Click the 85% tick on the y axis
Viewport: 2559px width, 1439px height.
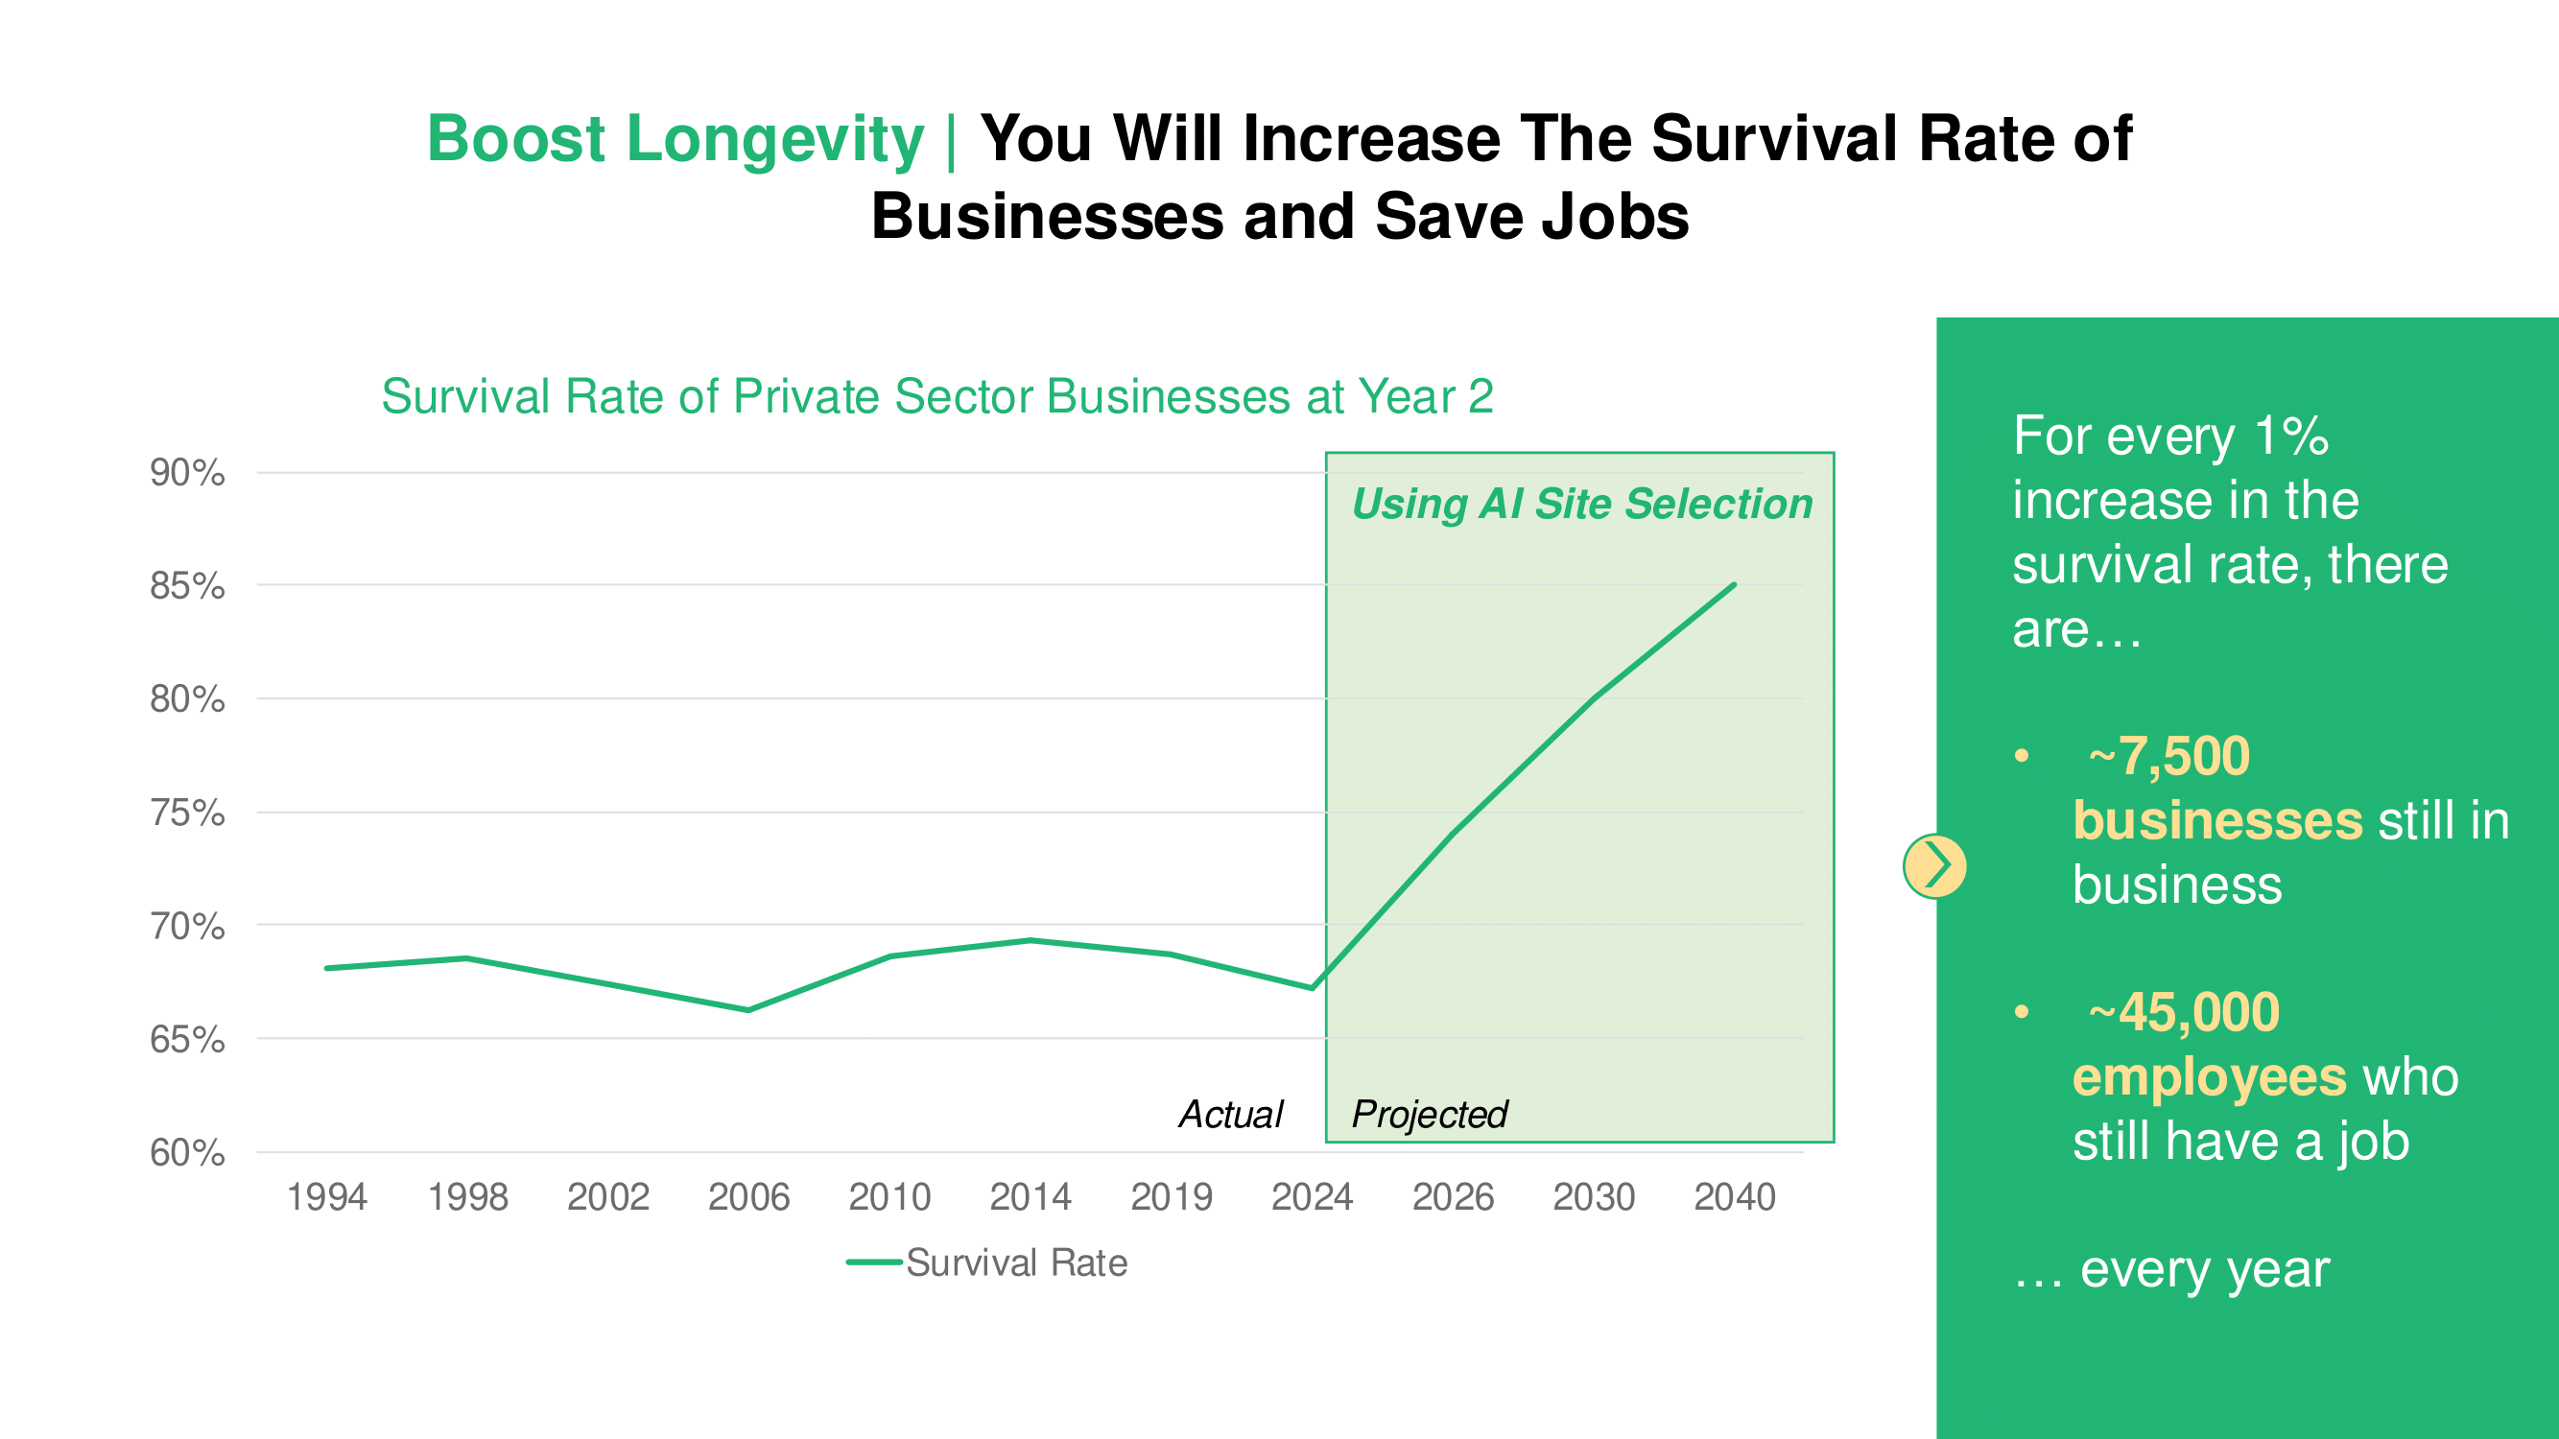pyautogui.click(x=187, y=586)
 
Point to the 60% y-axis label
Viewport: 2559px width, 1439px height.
pyautogui.click(x=187, y=1153)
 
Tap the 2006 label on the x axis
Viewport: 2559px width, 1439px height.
pyautogui.click(x=748, y=1196)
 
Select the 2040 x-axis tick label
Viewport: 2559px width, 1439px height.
pyautogui.click(x=1734, y=1196)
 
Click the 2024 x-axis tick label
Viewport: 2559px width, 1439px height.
pyautogui.click(x=1312, y=1196)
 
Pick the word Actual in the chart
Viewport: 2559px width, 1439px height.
pyautogui.click(x=1230, y=1114)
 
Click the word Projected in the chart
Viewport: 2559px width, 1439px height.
pyautogui.click(x=1429, y=1114)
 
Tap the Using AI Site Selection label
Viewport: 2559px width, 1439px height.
pyautogui.click(x=1581, y=504)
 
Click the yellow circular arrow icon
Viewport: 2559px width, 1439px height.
pyautogui.click(x=1934, y=866)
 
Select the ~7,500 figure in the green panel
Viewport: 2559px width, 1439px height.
pyautogui.click(x=2168, y=756)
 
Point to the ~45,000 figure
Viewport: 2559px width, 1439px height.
pyautogui.click(x=2184, y=1012)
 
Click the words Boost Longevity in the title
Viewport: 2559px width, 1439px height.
pyautogui.click(x=675, y=138)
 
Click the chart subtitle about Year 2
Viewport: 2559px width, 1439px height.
pyautogui.click(x=936, y=396)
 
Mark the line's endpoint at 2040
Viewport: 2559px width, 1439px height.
pyautogui.click(x=1734, y=585)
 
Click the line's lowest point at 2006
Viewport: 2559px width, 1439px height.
pyautogui.click(x=748, y=1010)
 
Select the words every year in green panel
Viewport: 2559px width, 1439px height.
pyautogui.click(x=2204, y=1268)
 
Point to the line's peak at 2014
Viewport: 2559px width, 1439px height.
pyautogui.click(x=1031, y=939)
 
